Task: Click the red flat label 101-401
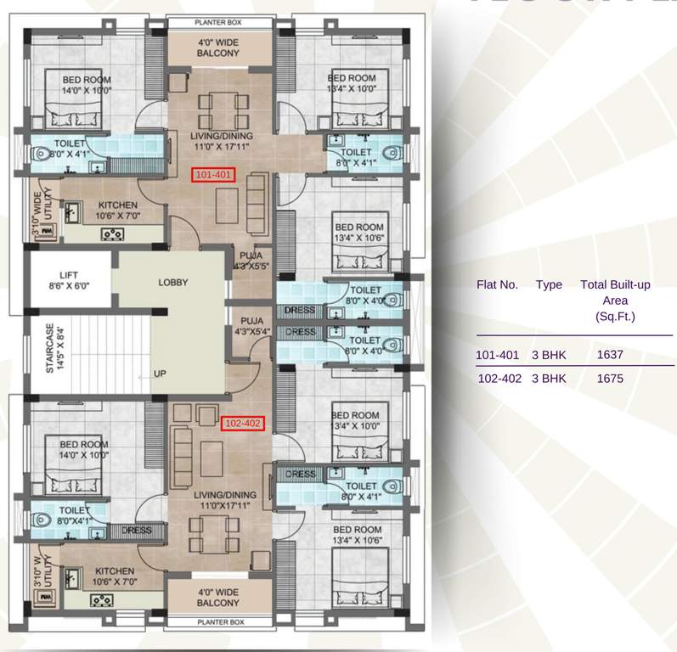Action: [213, 176]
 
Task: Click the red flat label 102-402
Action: [243, 422]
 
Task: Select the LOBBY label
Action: [172, 283]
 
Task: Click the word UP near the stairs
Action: [159, 374]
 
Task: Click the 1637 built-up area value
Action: [610, 354]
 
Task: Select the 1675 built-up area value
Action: [610, 379]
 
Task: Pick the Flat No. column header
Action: [497, 284]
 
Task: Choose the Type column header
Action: [549, 284]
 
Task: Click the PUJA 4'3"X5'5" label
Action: [251, 260]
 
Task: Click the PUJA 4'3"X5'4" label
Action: [251, 326]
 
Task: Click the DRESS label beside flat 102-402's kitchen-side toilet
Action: [136, 531]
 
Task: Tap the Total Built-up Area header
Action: [615, 300]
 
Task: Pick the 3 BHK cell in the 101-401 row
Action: [549, 354]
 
